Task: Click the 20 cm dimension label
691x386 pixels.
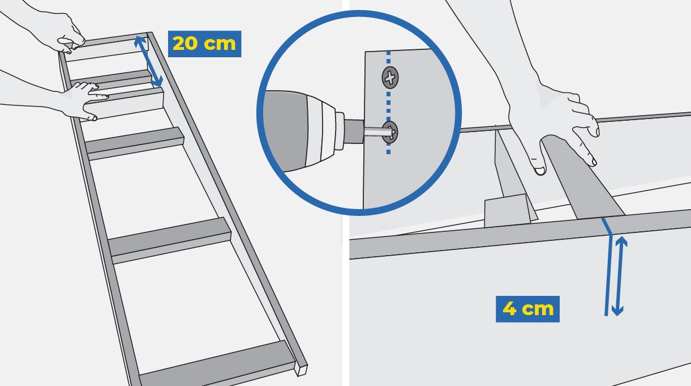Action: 204,44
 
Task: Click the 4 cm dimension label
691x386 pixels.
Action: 527,309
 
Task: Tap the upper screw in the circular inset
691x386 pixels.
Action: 390,77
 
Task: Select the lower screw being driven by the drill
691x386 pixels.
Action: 390,132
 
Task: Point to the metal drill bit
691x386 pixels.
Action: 378,132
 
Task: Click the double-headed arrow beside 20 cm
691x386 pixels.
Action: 148,62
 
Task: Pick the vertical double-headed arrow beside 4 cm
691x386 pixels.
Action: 619,276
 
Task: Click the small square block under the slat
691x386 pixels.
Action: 507,210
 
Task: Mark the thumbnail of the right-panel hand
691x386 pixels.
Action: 539,171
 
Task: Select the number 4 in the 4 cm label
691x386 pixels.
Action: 509,309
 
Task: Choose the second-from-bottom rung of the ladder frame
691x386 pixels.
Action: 170,240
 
